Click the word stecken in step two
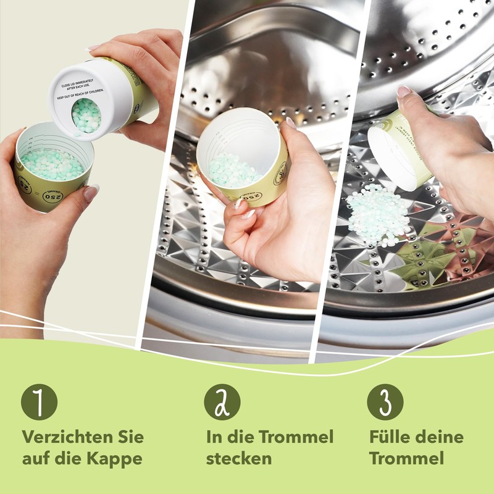coord(239,459)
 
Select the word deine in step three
coord(439,437)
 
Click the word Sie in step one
coord(130,437)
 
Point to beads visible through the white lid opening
coord(86,115)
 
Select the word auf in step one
coord(36,459)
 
